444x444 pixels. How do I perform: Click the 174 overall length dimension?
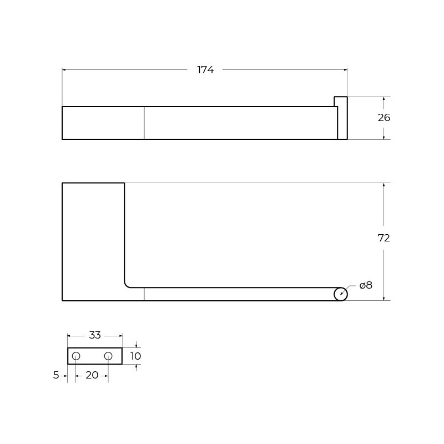[x=205, y=70]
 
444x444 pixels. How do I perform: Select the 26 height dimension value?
[x=384, y=118]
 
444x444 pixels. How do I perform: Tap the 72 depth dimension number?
[x=384, y=238]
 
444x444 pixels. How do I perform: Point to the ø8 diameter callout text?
[x=366, y=285]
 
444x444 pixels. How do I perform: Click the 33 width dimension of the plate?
[x=95, y=335]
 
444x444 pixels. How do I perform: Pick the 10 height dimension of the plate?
[x=135, y=356]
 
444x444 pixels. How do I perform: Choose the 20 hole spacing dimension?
[x=92, y=375]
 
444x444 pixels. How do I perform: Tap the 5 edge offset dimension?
[x=56, y=375]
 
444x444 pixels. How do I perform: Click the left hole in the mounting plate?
[x=76, y=356]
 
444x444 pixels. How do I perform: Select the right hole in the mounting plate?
[x=108, y=356]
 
